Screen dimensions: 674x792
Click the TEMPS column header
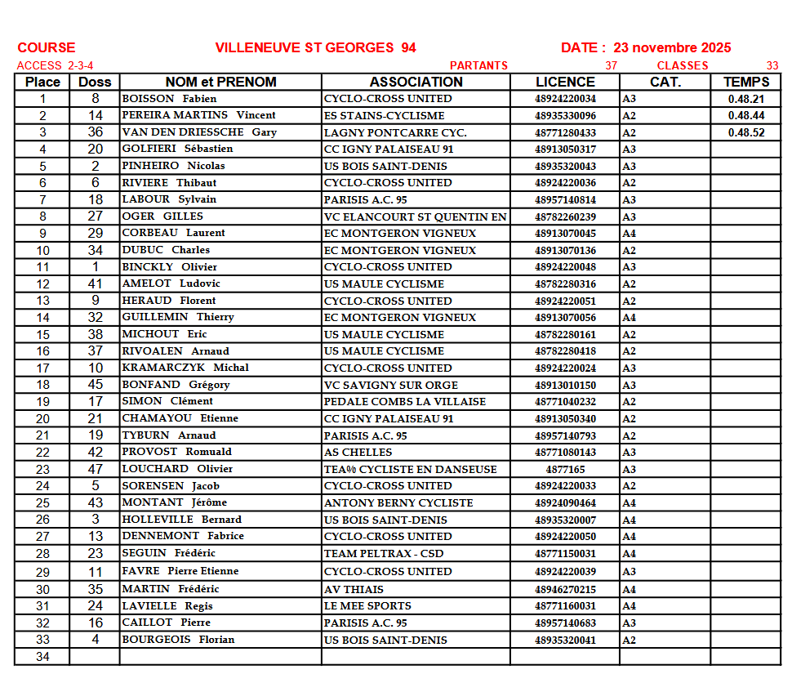[745, 82]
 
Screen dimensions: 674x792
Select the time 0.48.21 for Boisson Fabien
[746, 99]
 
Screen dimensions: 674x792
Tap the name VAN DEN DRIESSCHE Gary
[199, 132]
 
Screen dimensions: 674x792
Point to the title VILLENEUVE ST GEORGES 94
[315, 47]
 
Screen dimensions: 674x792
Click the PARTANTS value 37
[611, 66]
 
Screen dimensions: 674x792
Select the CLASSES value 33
[772, 66]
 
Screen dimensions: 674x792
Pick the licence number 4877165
[565, 470]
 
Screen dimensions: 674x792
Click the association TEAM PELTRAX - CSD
[384, 554]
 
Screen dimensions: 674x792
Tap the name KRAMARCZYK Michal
[185, 368]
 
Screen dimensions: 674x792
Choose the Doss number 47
[96, 470]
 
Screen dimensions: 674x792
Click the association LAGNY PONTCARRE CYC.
[395, 132]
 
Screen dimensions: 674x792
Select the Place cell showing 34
[42, 657]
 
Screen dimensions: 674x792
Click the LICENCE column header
[565, 82]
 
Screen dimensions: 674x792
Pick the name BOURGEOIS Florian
[178, 640]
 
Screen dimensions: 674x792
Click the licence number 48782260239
[565, 216]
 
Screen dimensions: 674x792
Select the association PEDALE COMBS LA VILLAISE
[405, 402]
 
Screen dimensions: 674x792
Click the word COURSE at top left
[47, 47]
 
